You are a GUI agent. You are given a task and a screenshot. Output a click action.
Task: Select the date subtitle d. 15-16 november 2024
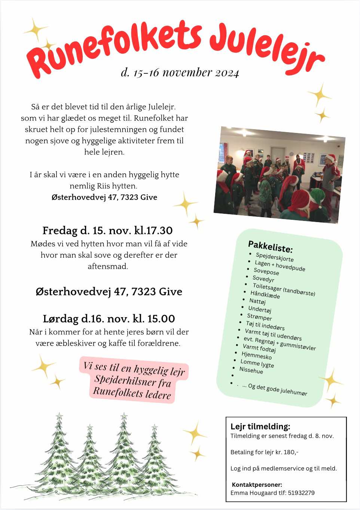[x=180, y=72]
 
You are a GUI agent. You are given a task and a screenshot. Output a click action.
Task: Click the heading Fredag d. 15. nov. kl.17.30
[x=107, y=230]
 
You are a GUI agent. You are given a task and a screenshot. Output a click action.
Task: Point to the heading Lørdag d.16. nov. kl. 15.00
[x=109, y=319]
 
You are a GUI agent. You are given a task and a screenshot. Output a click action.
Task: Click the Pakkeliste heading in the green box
[x=270, y=246]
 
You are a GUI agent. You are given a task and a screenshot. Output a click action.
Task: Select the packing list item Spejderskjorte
[x=275, y=257]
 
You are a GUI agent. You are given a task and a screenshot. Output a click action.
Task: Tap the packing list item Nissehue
[x=251, y=370]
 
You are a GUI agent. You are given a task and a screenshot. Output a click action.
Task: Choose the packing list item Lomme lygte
[x=257, y=363]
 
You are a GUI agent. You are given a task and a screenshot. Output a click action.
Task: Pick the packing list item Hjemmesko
[x=257, y=355]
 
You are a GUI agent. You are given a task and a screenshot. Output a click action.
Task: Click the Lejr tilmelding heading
[x=260, y=426]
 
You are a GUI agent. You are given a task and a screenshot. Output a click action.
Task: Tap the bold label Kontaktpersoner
[x=257, y=485]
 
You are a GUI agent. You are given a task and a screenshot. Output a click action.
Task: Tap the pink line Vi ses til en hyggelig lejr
[x=134, y=368]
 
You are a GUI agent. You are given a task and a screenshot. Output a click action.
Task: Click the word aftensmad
[x=108, y=266]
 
